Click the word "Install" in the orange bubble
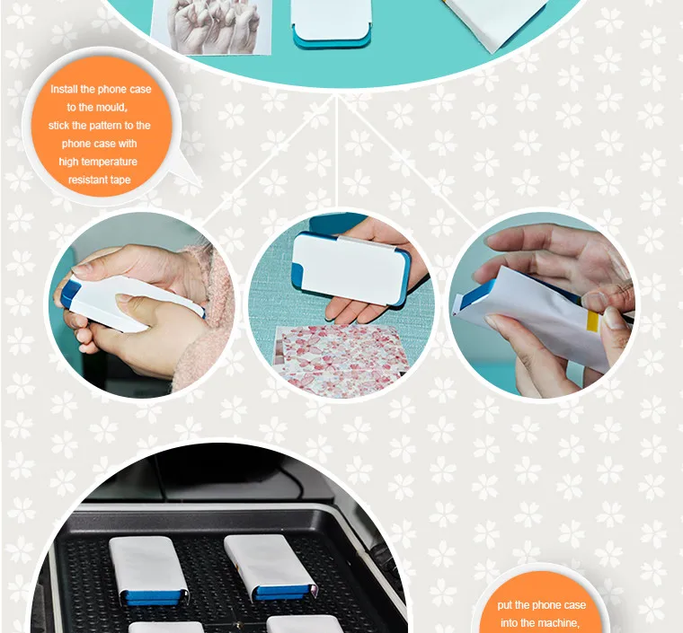pos(64,89)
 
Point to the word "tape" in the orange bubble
pos(120,180)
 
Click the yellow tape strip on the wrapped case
pos(592,321)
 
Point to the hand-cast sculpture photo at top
pos(211,27)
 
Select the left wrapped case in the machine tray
pos(149,570)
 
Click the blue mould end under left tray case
pos(152,597)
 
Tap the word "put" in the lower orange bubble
pos(504,605)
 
